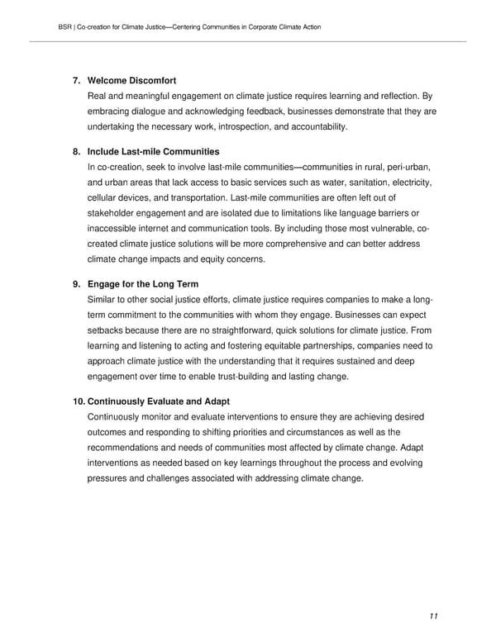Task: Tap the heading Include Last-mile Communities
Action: pyautogui.click(x=153, y=151)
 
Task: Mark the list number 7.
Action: pyautogui.click(x=75, y=80)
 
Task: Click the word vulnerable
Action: pyautogui.click(x=374, y=229)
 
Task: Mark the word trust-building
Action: pyautogui.click(x=239, y=377)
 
